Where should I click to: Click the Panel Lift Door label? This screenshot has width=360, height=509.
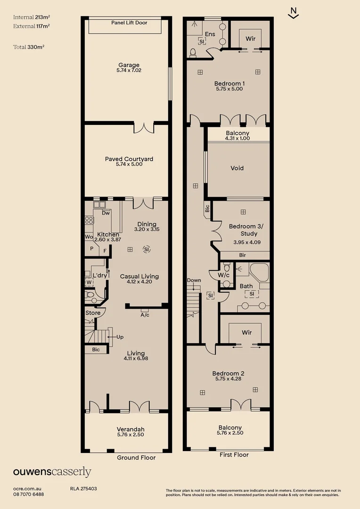tap(129, 23)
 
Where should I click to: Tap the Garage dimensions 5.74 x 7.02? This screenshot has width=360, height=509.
tap(129, 71)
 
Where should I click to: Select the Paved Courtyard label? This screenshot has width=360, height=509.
tap(129, 159)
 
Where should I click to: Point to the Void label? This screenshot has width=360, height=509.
tap(237, 168)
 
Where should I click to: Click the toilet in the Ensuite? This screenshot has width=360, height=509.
tap(193, 52)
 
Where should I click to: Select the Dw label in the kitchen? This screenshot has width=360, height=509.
tap(106, 213)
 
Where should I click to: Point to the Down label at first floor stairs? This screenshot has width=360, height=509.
tap(194, 280)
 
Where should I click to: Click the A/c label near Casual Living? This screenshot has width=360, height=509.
tap(145, 315)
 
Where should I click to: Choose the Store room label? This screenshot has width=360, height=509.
tap(93, 313)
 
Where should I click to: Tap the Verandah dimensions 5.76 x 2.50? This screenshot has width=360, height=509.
tap(131, 435)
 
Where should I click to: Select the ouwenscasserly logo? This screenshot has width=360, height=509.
tap(52, 473)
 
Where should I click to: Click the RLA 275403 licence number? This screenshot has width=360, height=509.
tap(83, 489)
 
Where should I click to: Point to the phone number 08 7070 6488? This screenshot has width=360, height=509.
tap(29, 494)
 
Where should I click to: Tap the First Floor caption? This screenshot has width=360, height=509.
tap(234, 455)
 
